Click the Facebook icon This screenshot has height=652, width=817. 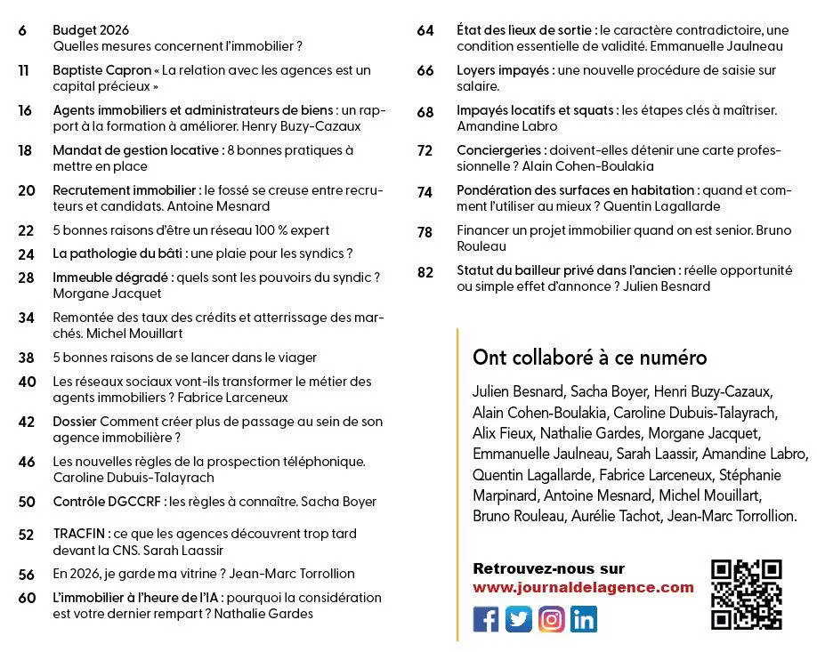pos(486,618)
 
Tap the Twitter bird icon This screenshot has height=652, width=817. pos(519,618)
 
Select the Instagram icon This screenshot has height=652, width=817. pos(552,618)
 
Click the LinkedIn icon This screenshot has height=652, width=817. pos(584,618)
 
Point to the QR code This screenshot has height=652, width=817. pos(747,594)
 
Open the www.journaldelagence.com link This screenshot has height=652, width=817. pos(583,587)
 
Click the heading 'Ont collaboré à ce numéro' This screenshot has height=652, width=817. pos(589,358)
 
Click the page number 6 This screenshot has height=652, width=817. pos(22,30)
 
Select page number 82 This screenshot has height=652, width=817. pos(425,271)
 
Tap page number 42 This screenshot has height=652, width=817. pos(27,422)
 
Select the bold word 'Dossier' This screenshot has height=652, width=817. pos(75,422)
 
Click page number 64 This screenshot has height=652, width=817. pos(425,30)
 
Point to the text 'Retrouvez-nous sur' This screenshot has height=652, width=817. pos(548,568)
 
